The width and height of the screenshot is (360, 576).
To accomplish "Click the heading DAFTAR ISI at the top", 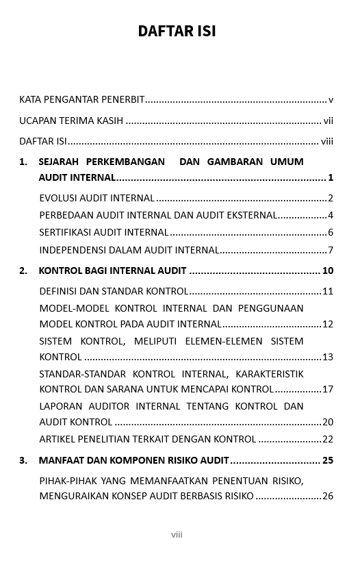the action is pos(177,32).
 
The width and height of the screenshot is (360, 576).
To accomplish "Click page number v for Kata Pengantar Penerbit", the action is pos(331,100).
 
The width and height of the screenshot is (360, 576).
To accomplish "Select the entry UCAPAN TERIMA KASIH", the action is pos(71,121).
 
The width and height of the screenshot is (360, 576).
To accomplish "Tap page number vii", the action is pos(329,121).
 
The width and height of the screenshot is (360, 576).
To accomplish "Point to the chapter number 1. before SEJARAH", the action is pos(24,162).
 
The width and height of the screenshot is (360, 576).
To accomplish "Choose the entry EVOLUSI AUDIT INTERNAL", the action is pos(97,199).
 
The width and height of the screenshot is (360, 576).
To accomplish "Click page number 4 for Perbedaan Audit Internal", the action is pos(331,216).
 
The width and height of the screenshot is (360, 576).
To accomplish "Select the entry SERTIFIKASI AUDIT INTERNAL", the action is pos(104,233).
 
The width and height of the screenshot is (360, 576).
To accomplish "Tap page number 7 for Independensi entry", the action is pos(331,251).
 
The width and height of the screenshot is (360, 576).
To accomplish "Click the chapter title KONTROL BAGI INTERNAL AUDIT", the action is pos(112,271).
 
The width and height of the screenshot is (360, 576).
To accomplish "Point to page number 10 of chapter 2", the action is pos(328,271).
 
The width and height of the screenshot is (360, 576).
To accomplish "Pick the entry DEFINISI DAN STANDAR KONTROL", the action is pos(114,292).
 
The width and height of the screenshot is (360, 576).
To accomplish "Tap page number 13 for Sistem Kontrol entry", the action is pos(328,358).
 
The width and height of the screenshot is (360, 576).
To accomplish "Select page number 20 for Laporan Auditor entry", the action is pos(328,423).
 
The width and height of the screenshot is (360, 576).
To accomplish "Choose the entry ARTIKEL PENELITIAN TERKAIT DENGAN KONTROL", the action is pos(148,440).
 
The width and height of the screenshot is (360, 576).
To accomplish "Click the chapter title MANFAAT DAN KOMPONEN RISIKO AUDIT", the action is pos(134,461).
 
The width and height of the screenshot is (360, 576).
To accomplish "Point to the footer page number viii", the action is pos(177,535).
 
